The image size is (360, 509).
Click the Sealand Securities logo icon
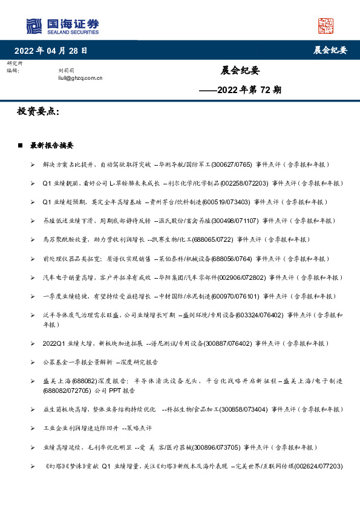pos(34,26)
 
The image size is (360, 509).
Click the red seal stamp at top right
pos(326,25)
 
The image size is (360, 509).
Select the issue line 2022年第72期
pos(240,90)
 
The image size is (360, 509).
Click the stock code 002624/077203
pos(318,466)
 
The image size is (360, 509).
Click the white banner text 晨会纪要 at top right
pos(330,50)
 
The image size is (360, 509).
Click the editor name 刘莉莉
pos(65,71)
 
